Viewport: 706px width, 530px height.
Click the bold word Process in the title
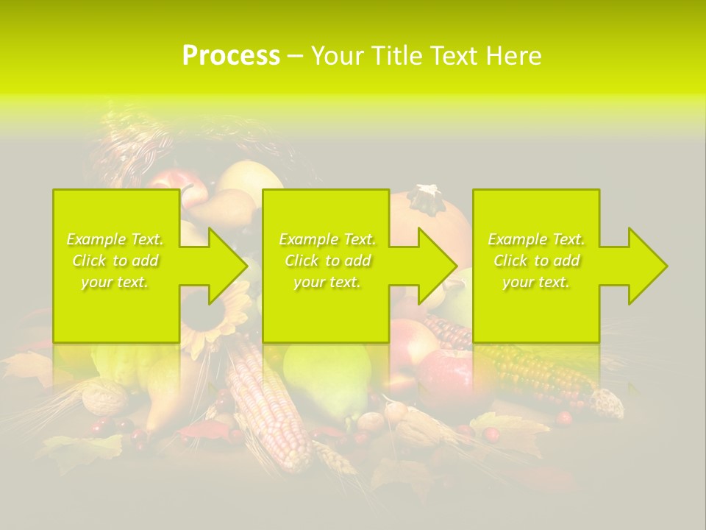click(x=231, y=56)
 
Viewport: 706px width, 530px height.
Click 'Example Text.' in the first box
click(x=115, y=239)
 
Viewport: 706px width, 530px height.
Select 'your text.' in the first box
click(x=115, y=282)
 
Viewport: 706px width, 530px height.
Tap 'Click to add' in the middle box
click(x=327, y=261)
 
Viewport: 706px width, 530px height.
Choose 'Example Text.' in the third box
click(x=536, y=239)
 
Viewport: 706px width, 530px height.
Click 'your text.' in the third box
click(x=536, y=282)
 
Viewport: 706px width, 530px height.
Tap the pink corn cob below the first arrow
click(x=268, y=405)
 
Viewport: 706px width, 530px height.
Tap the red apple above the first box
click(x=171, y=180)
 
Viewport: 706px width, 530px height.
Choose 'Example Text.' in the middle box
click(x=327, y=239)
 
